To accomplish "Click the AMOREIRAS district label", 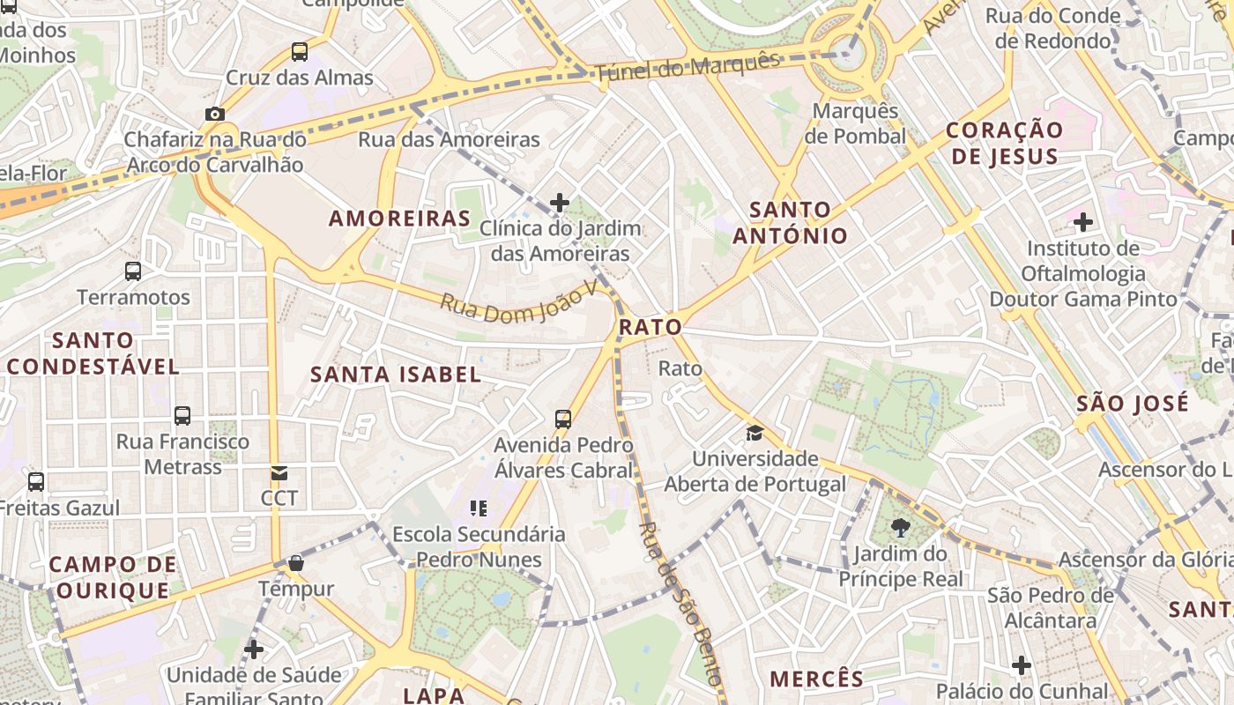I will (400, 219).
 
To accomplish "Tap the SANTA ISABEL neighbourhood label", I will (396, 375).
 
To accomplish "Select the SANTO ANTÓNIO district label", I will (790, 223).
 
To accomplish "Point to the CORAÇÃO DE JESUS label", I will (1005, 143).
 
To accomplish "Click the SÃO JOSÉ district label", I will (1133, 404).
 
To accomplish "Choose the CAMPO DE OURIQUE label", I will (112, 577).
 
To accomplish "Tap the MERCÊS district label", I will (817, 679).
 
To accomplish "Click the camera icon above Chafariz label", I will (214, 114).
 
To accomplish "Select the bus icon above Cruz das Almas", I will (300, 52).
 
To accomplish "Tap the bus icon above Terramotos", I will (133, 271).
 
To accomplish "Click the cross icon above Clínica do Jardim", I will (560, 203).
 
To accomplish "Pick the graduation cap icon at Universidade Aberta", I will (755, 433).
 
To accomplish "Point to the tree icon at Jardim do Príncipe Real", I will (901, 528).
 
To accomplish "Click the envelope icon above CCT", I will (279, 473).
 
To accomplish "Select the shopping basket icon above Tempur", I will (296, 563).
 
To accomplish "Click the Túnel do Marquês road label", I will (688, 68).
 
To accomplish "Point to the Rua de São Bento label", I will (680, 605).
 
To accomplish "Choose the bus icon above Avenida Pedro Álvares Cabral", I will (563, 419).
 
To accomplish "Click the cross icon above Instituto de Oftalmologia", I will (1083, 222).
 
